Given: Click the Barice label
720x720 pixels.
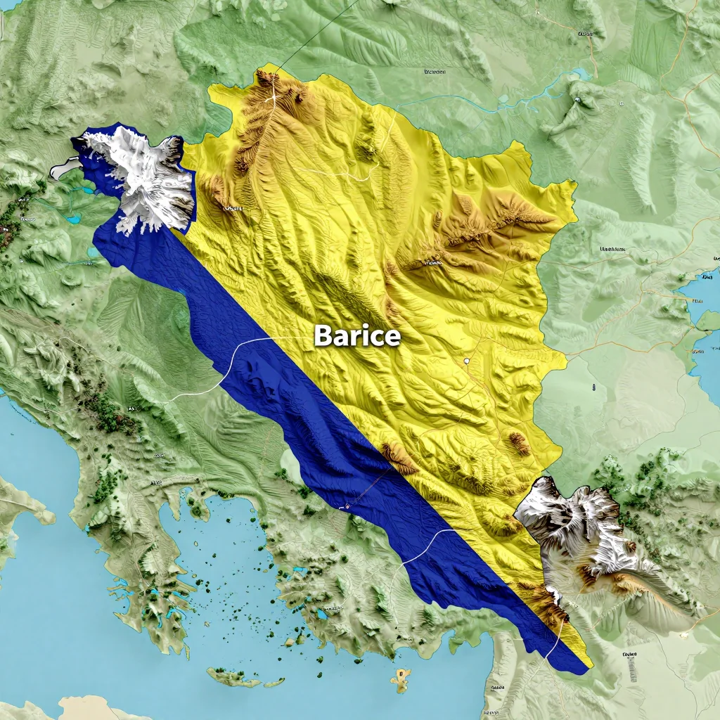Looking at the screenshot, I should point(357,336).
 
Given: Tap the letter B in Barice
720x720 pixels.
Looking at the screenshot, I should point(323,336).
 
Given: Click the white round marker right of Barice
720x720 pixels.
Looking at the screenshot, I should point(466,361).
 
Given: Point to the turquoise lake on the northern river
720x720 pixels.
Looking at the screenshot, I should point(581,74).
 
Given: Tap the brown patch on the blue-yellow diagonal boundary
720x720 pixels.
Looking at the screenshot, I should point(399,457).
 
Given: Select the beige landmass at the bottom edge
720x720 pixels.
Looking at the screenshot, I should point(91,707).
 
